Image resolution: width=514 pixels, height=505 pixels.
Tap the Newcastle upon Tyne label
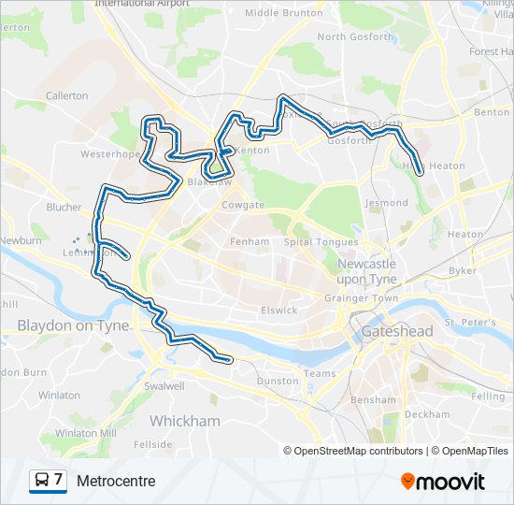[366, 271]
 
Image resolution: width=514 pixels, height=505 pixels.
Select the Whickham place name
[185, 421]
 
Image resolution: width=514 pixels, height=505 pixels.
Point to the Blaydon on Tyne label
[60, 325]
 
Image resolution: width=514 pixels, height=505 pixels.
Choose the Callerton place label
[66, 95]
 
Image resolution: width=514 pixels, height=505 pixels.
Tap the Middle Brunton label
[283, 13]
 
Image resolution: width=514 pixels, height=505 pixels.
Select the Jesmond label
[387, 202]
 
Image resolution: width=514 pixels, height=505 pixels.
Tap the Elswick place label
[279, 310]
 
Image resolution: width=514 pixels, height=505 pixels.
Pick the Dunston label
[277, 382]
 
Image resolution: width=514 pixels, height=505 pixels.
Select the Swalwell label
[164, 385]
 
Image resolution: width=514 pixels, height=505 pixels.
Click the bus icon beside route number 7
[41, 481]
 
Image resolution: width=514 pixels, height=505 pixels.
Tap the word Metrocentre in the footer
[116, 481]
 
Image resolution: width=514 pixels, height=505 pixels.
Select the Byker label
[463, 270]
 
